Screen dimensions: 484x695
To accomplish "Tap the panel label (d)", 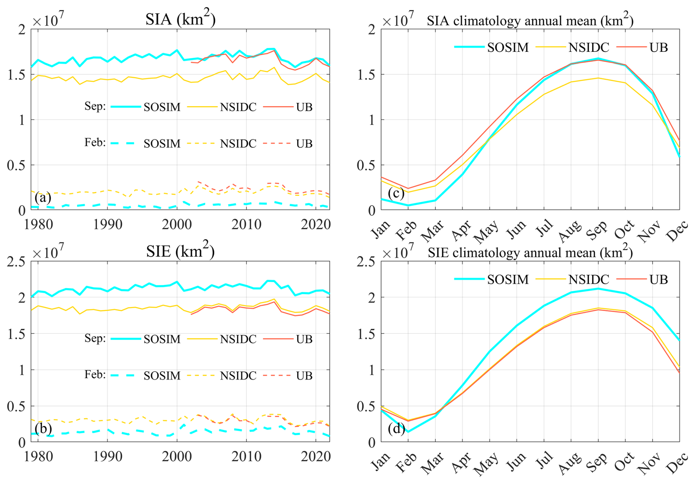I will pos(396,428).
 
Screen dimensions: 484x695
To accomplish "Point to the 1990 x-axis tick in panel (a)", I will pos(107,224).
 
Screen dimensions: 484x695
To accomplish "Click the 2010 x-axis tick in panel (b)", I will pos(246,456).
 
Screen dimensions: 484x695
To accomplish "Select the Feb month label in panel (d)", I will pos(407,462).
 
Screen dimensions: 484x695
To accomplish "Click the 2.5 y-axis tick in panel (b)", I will pos(17,261).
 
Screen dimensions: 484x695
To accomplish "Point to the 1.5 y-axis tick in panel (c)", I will pos(366,75).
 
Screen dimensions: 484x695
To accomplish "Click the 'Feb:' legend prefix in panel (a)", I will pos(95,142).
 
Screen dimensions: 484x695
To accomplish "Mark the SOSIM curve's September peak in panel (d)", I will pos(598,289).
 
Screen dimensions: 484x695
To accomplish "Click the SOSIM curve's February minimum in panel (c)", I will pos(408,205).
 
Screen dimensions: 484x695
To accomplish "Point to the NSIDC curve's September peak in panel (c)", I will pos(598,78).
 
